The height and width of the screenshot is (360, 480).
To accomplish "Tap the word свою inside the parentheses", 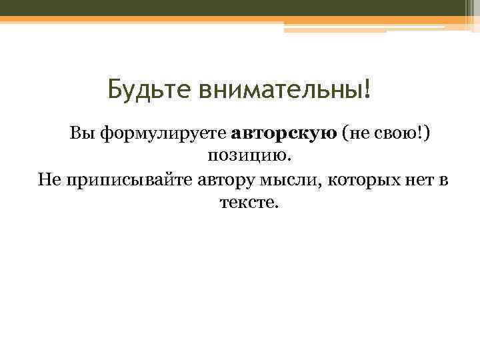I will point(393,135).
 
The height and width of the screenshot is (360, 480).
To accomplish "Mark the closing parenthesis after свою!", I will point(427,135).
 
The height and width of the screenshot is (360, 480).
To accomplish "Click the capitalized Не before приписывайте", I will point(48,179).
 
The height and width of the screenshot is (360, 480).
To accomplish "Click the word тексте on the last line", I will point(246,202).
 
